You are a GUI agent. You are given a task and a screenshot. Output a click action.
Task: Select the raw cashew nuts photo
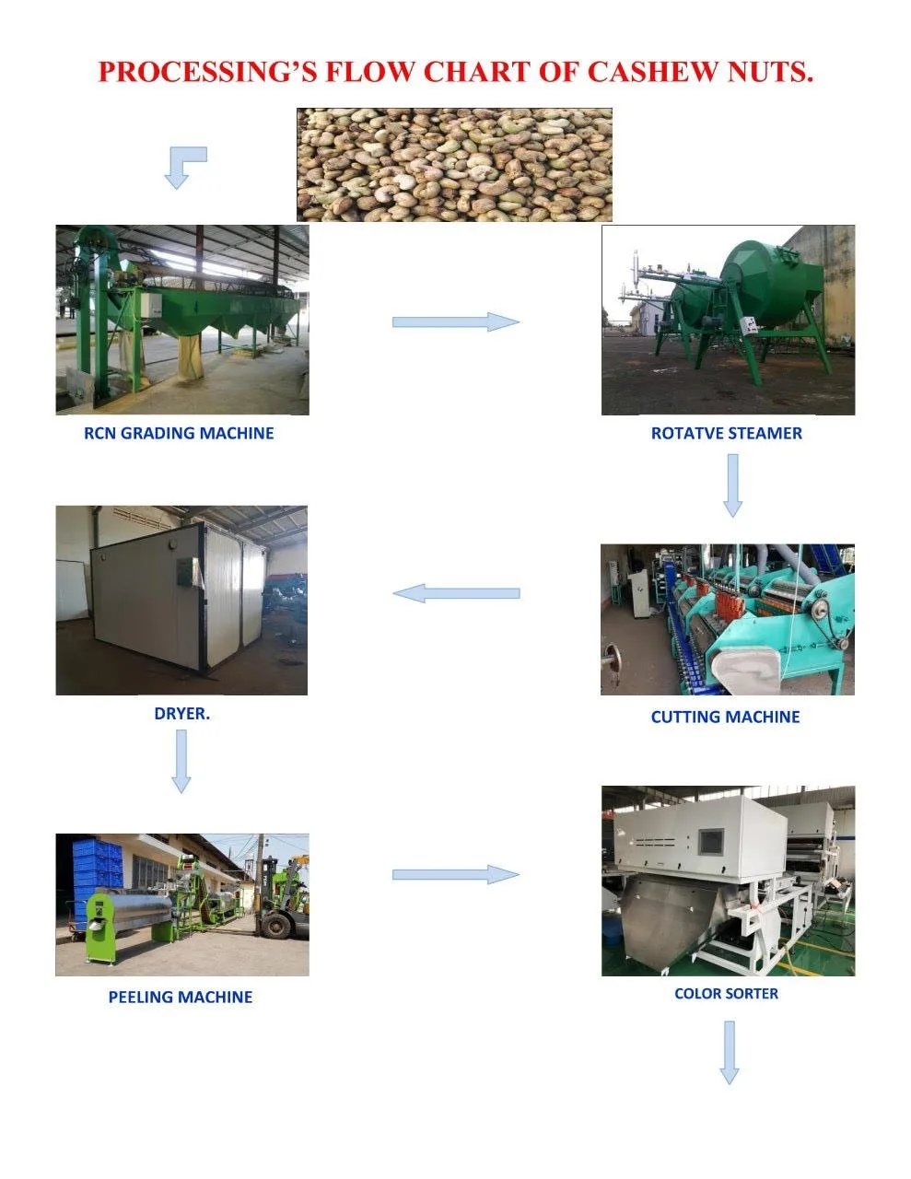(454, 164)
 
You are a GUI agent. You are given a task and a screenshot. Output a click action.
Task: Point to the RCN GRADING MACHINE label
(179, 433)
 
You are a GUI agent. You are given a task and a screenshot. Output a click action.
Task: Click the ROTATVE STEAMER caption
(726, 433)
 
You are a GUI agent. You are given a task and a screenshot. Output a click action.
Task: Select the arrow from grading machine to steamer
(455, 321)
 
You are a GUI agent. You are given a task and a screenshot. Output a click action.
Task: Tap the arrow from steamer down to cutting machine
(732, 485)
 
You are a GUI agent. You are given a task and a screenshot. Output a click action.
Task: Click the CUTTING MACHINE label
(725, 717)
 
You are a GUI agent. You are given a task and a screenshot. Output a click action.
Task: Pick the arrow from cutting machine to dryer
(456, 593)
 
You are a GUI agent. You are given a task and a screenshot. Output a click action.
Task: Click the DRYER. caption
(181, 713)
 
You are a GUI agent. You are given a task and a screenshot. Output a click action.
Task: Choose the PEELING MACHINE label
(181, 997)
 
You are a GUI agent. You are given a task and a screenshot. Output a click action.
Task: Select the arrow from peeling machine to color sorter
(455, 874)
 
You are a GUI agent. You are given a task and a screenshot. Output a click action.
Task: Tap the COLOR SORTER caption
(726, 994)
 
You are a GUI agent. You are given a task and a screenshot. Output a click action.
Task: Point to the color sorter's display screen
(710, 842)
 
